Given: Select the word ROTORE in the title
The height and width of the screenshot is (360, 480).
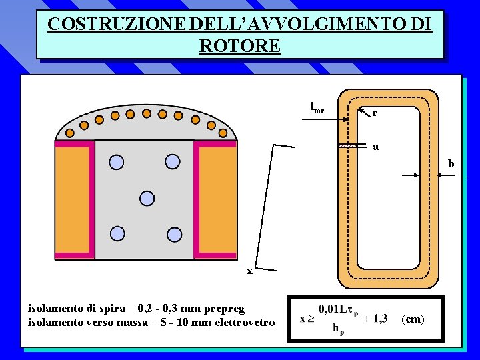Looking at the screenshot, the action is (x=239, y=46).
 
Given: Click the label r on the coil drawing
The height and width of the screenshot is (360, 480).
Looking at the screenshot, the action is (x=375, y=113).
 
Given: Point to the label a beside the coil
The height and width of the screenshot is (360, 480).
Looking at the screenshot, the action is (x=375, y=147).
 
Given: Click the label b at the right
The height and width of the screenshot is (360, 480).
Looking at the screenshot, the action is (x=451, y=163).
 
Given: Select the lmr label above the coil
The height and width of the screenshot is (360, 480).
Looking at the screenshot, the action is (x=317, y=108).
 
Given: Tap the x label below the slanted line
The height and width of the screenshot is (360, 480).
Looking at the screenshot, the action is (x=249, y=271).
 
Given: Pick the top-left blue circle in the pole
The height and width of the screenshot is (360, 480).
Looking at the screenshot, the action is (x=117, y=161).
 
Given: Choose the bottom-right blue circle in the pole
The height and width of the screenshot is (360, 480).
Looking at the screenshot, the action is (x=174, y=233).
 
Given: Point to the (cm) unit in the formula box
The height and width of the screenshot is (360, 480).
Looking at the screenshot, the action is (x=413, y=319).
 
